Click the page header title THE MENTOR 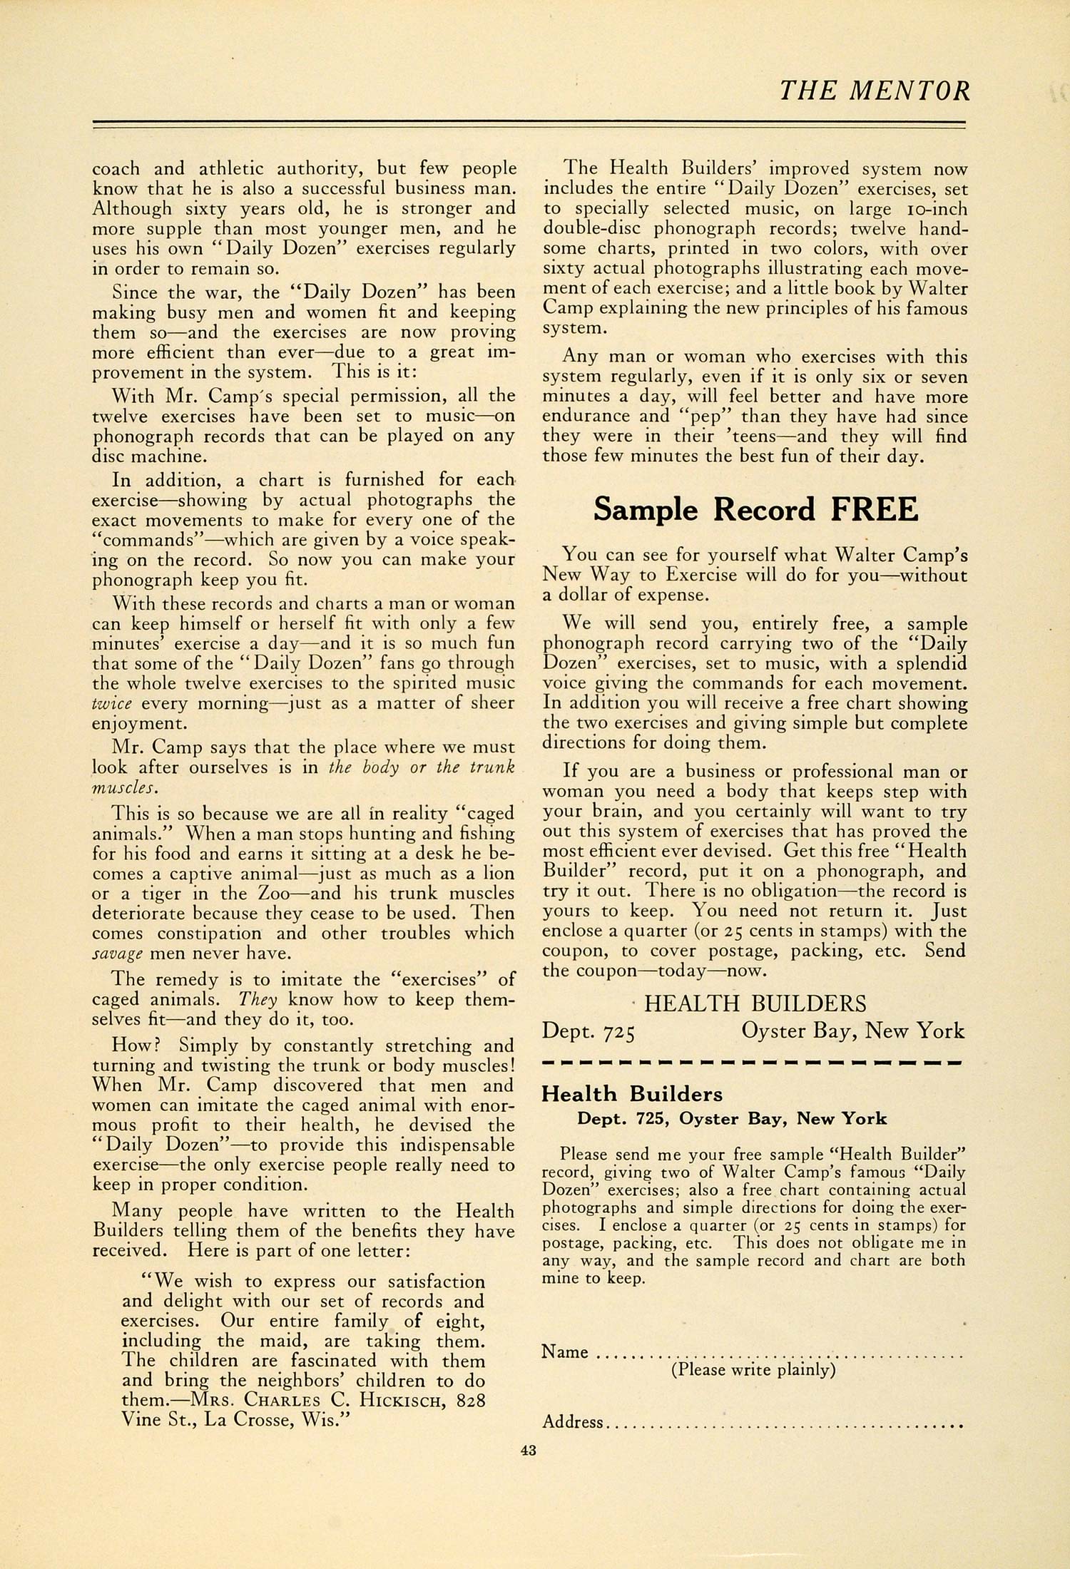[x=875, y=91]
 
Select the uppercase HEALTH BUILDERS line [x=755, y=1004]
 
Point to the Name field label [x=565, y=1351]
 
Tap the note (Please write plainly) [x=753, y=1369]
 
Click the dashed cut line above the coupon [x=753, y=1063]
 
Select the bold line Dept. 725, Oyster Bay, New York [x=732, y=1119]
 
